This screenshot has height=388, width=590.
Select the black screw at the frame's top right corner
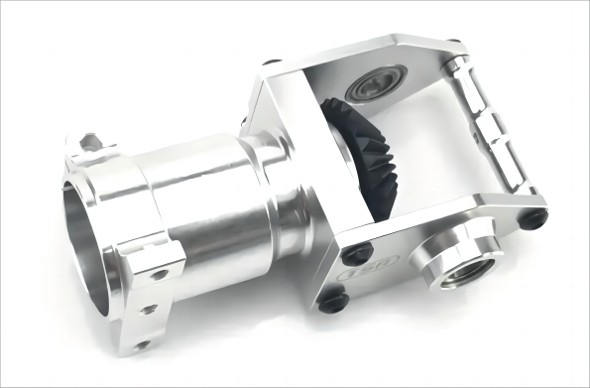click(x=452, y=46)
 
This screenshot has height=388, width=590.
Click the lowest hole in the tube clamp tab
click(x=143, y=344)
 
